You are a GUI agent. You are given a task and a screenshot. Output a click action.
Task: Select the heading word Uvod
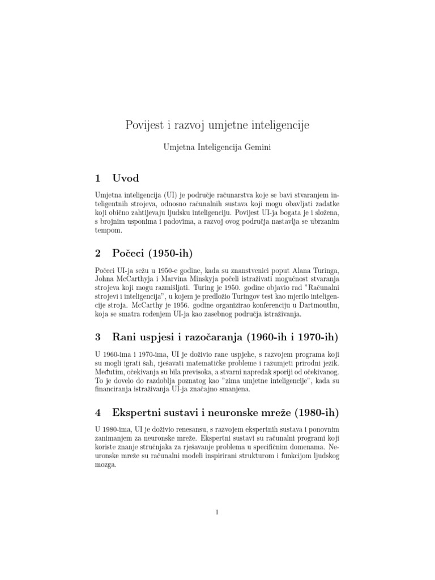126,178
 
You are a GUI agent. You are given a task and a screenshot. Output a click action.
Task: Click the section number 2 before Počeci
98,252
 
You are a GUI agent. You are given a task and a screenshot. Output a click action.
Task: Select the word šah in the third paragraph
160,362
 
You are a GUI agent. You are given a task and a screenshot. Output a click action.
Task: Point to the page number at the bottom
217,513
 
